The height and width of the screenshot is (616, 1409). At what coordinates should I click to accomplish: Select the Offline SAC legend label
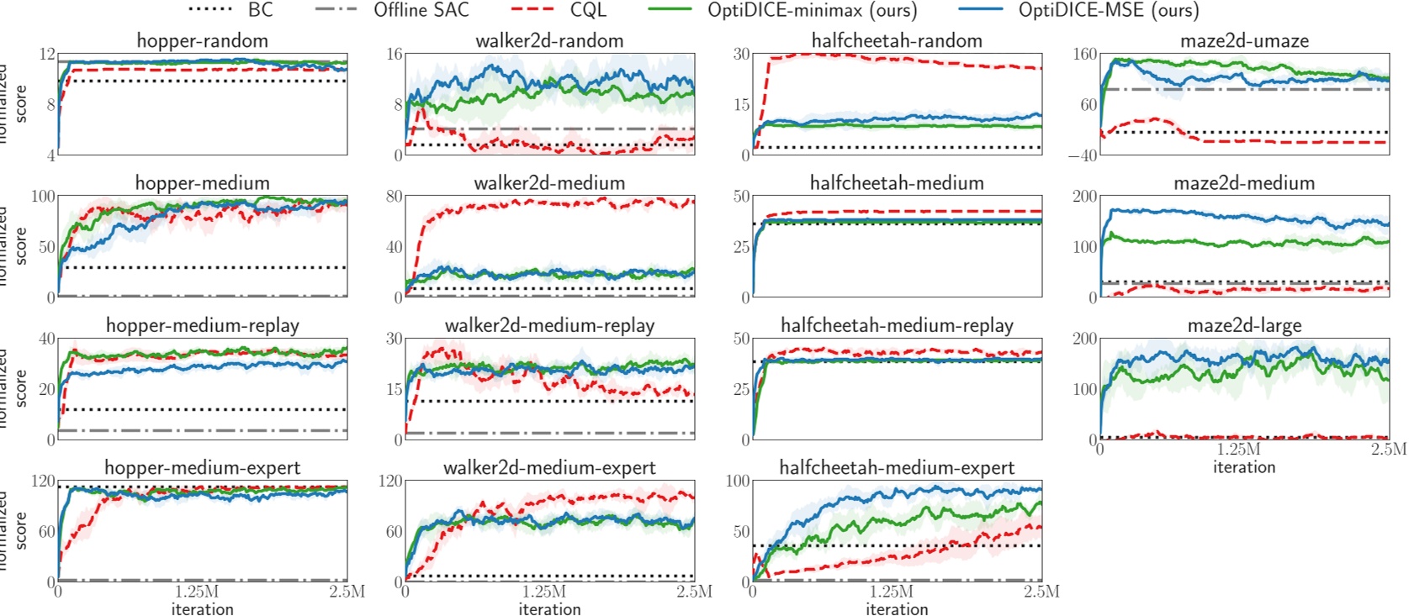click(x=421, y=10)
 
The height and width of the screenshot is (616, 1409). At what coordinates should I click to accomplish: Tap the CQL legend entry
click(x=587, y=10)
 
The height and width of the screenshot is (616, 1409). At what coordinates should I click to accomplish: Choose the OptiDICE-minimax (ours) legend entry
click(x=812, y=10)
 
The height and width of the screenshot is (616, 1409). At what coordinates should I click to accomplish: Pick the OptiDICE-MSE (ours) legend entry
click(x=1108, y=10)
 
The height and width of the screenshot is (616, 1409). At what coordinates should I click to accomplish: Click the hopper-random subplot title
click(x=202, y=40)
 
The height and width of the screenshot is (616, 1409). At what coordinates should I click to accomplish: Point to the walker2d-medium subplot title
click(x=549, y=183)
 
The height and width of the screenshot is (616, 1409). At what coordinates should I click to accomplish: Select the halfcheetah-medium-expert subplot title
click(x=897, y=468)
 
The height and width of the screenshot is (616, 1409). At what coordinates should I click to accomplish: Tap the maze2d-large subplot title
click(x=1244, y=325)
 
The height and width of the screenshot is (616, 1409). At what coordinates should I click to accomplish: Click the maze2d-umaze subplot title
click(x=1244, y=40)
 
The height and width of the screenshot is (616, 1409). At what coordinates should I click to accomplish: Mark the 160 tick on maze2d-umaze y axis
click(x=1085, y=54)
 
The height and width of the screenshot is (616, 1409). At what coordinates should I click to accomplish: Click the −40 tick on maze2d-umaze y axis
click(x=1083, y=155)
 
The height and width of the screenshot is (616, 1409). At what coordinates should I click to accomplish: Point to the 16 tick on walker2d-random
click(x=395, y=54)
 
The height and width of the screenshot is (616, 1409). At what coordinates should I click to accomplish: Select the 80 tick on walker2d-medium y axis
click(x=394, y=197)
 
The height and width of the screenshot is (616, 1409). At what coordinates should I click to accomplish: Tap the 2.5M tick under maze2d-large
click(x=1388, y=450)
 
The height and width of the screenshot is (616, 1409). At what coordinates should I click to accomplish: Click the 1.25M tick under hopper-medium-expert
click(x=198, y=592)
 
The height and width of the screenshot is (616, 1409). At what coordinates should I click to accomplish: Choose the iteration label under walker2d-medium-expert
click(x=549, y=609)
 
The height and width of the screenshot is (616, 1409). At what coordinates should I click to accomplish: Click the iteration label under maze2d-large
click(x=1244, y=467)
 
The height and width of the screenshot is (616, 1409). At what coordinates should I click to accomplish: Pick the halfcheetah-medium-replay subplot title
click(x=897, y=325)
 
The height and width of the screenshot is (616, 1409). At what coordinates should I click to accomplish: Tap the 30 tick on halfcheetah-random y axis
click(x=741, y=54)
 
